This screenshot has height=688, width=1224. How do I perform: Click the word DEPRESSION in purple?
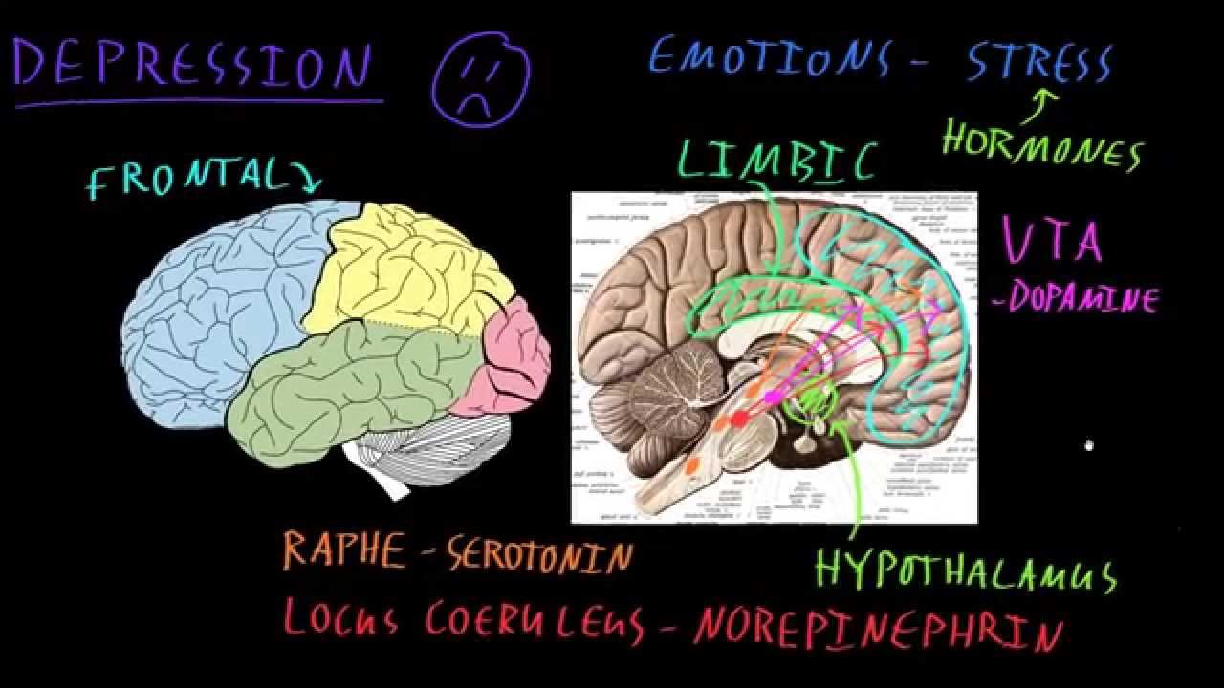click(191, 65)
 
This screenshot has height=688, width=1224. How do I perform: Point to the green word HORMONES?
click(1042, 150)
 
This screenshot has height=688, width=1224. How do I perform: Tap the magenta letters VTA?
click(1052, 240)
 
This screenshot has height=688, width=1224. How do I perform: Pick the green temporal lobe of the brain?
click(354, 392)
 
